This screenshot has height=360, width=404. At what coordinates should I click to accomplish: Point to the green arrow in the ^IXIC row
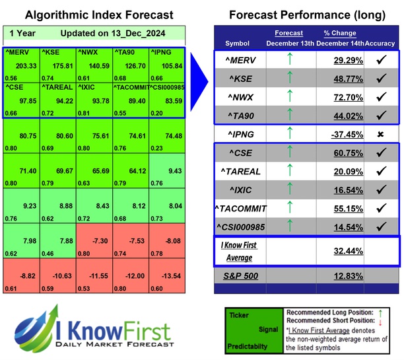(288, 190)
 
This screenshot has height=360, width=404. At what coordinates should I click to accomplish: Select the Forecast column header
(289, 33)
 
